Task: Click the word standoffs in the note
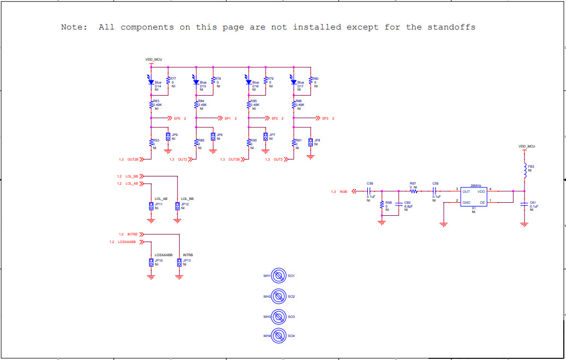pos(451,27)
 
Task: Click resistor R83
pos(151,104)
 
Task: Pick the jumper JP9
pos(168,137)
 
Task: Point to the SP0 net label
pos(177,118)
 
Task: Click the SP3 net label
pos(325,118)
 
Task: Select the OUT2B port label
pos(133,160)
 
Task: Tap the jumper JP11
pos(151,206)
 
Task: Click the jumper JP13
pos(180,263)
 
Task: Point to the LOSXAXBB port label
pos(126,242)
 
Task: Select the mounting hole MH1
pos(279,276)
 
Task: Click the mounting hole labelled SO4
pos(279,335)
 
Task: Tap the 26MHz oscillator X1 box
pos(473,197)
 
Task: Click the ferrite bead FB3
pos(525,170)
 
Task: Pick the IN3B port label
pos(343,192)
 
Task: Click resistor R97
pos(413,191)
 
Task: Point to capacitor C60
pos(400,205)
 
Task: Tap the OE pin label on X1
pos(482,202)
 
